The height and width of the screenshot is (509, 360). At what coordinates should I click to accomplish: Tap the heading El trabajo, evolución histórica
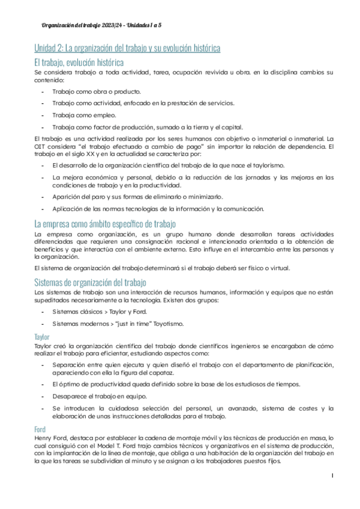[79, 62]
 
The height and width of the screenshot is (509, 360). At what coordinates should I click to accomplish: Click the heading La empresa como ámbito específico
[104, 224]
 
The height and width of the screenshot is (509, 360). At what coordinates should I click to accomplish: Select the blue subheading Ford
[41, 429]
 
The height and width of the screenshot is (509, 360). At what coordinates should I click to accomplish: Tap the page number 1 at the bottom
[332, 493]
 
